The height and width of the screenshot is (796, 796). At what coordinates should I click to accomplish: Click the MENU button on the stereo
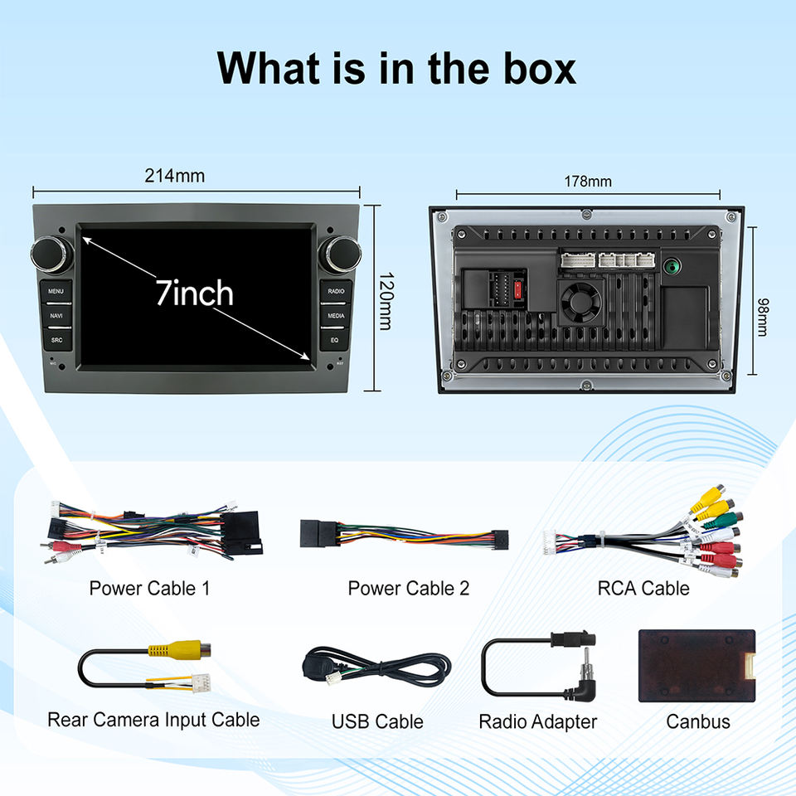[56, 291]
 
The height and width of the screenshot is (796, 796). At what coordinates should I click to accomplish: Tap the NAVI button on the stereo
[56, 316]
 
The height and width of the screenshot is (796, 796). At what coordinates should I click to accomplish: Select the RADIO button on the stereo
[336, 291]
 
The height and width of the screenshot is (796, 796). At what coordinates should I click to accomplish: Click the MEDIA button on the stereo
[336, 316]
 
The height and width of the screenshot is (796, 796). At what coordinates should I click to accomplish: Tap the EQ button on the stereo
[335, 340]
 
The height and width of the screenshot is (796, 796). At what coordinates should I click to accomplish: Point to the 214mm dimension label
[174, 176]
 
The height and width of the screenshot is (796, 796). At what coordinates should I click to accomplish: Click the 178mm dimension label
[588, 181]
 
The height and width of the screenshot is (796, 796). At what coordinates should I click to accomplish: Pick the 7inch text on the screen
[195, 293]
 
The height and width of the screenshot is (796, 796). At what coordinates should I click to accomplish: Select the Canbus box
[696, 666]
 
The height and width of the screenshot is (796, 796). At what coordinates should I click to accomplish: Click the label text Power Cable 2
[408, 589]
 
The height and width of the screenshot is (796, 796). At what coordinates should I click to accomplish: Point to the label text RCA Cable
[643, 589]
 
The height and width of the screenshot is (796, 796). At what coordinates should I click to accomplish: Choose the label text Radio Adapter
[537, 721]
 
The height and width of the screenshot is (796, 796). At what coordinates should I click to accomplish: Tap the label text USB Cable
[377, 721]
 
